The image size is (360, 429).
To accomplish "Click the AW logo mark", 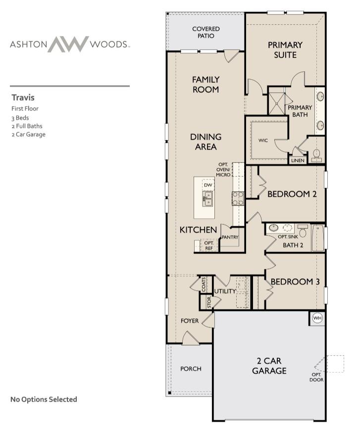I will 69,44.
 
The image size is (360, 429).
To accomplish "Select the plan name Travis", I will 23,97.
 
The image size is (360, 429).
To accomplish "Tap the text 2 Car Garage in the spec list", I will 28,134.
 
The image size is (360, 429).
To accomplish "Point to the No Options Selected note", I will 44,399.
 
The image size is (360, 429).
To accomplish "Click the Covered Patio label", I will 206,32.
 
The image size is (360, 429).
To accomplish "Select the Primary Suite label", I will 285,49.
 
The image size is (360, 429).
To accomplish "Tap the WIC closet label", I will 263,141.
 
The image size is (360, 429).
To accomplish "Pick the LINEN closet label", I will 298,161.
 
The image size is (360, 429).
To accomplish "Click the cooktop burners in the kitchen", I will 238,198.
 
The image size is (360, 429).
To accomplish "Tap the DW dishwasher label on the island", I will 208,185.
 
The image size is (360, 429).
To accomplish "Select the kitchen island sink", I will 207,198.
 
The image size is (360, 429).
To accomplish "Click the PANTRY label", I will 230,237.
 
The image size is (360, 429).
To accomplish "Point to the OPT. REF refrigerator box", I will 208,245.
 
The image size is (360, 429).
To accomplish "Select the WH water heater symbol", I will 317,318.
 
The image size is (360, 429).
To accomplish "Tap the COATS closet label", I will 204,285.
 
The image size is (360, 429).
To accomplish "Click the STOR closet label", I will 209,302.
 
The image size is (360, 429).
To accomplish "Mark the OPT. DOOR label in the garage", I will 316,377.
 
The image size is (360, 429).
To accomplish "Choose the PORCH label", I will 191,368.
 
